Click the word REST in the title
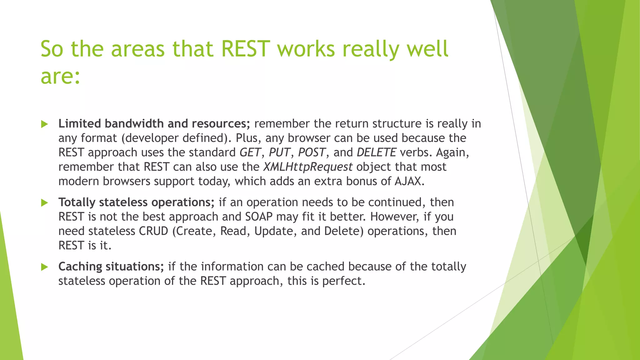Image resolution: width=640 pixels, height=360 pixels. pos(245,49)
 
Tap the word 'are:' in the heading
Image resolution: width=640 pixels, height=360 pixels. pos(60,77)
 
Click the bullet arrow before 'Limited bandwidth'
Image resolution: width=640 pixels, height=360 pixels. pos(45,124)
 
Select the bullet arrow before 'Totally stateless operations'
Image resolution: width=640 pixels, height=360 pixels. pos(45,203)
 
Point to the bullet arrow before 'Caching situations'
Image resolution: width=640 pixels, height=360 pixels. pos(45,267)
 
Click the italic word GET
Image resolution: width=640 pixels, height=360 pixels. pos(250,152)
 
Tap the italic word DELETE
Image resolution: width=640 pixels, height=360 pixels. pos(376,152)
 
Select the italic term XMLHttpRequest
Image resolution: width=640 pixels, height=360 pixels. pos(307,167)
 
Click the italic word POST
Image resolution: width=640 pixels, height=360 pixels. pos(312,152)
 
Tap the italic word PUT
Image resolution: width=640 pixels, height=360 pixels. pos(279,152)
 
